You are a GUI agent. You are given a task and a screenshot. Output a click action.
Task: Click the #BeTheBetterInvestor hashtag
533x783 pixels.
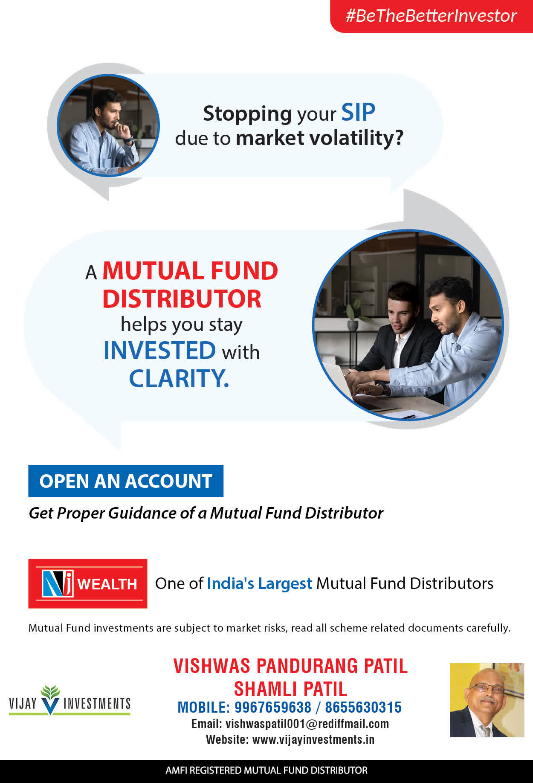431,16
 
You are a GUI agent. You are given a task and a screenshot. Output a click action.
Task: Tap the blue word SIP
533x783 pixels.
358,113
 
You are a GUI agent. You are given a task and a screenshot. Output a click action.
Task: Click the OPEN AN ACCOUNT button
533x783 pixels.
126,481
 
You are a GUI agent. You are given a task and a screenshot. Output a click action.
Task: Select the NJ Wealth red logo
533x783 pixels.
88,583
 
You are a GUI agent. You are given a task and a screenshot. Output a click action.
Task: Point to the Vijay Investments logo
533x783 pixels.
70,700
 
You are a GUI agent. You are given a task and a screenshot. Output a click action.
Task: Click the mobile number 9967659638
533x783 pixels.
273,708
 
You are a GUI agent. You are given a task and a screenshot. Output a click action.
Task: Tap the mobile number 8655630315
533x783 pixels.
363,708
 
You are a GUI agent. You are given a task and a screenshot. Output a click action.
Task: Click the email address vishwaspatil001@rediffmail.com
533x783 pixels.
307,724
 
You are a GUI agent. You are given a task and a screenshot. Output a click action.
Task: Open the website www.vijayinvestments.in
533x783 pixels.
313,739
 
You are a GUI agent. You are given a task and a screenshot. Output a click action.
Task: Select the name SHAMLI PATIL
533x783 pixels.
290,689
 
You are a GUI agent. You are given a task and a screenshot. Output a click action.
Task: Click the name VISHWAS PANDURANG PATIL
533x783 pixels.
290,666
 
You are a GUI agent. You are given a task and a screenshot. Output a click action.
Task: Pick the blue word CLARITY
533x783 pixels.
179,379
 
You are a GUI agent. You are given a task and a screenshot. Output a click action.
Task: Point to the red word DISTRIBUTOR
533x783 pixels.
182,299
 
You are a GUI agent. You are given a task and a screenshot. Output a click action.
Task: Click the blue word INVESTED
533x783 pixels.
160,351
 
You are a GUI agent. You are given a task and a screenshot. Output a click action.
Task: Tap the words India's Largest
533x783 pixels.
260,584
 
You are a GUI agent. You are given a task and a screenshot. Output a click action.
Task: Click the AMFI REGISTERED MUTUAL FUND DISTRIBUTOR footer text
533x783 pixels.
266,770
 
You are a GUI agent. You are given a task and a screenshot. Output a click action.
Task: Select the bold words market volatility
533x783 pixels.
320,138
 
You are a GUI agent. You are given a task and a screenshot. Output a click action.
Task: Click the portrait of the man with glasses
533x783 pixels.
487,700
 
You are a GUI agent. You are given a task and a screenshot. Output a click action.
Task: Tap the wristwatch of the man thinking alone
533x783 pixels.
129,139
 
